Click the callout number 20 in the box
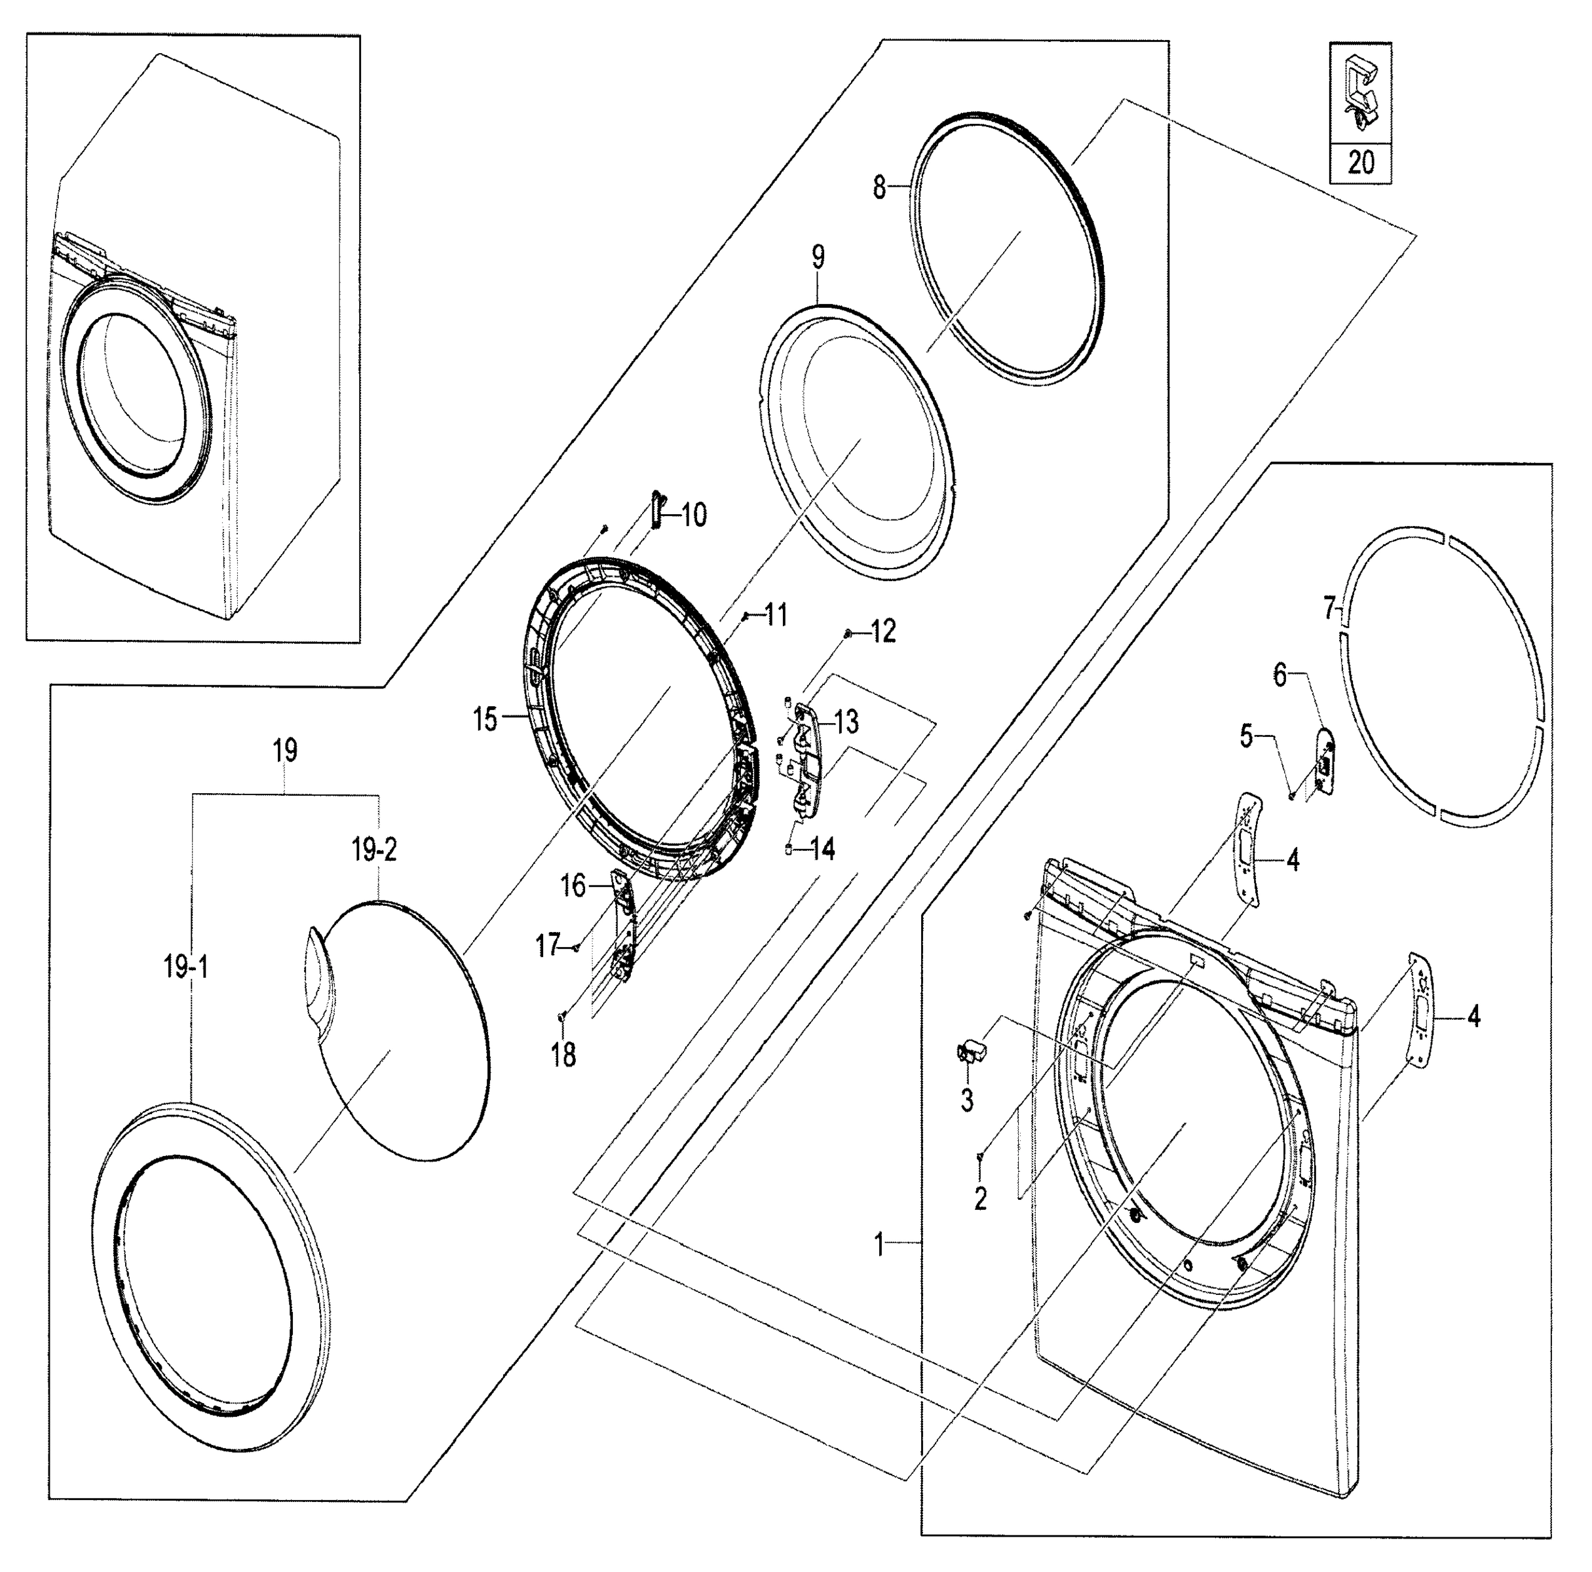point(1361,162)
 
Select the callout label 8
point(879,189)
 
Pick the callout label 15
point(485,719)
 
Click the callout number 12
point(882,632)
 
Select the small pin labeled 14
point(789,849)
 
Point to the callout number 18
point(563,1055)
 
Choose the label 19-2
point(375,850)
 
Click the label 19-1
point(185,968)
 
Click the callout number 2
point(979,1198)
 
